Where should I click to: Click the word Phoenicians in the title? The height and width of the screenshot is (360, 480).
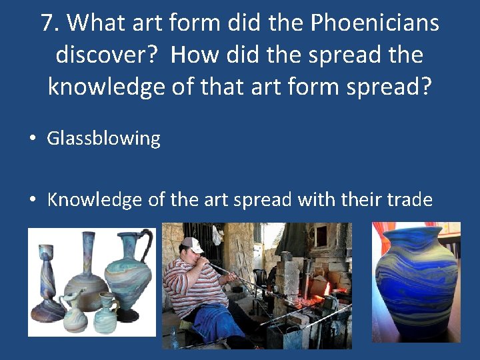(x=376, y=23)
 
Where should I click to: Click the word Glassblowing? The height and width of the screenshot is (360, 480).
(x=103, y=139)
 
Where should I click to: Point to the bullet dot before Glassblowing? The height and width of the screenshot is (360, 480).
(x=32, y=139)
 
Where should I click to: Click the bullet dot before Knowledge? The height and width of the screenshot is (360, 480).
(x=32, y=199)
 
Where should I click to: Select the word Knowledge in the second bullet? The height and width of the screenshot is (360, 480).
(x=93, y=199)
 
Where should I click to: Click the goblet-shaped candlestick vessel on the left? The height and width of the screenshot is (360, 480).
(x=46, y=280)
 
